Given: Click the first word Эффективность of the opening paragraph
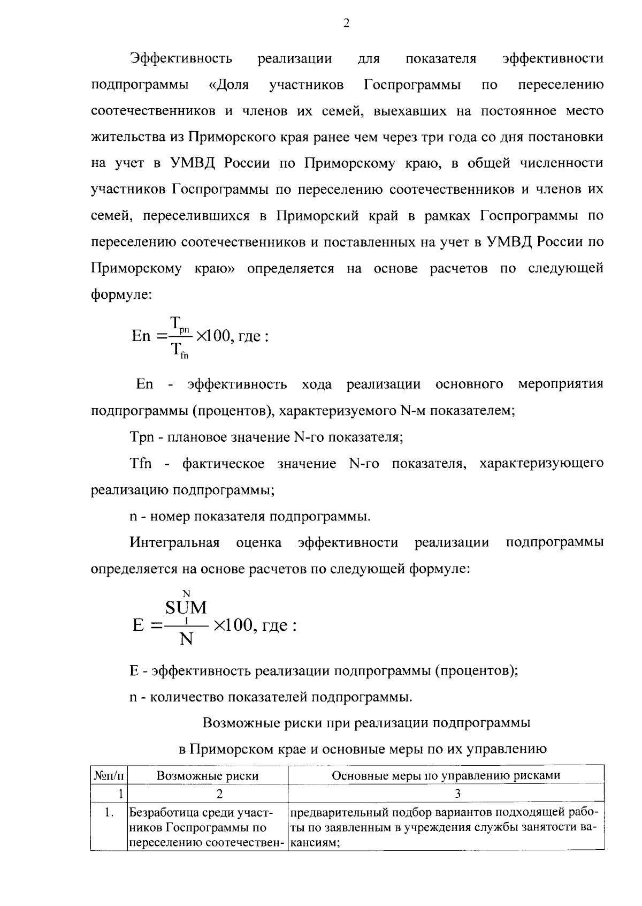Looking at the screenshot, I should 181,58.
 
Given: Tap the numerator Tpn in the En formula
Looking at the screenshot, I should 179,324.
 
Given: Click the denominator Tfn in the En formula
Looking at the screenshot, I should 179,351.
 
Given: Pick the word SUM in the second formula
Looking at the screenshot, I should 186,607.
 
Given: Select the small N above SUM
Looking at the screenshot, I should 186,592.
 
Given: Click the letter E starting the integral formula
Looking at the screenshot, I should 139,625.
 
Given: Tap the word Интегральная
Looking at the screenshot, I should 174,542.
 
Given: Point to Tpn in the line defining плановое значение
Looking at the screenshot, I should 142,437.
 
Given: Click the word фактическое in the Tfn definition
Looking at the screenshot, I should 223,463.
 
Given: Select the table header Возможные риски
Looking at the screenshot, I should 207,775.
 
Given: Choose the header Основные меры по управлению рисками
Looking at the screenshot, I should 446,775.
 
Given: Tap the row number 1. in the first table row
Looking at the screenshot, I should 109,813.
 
